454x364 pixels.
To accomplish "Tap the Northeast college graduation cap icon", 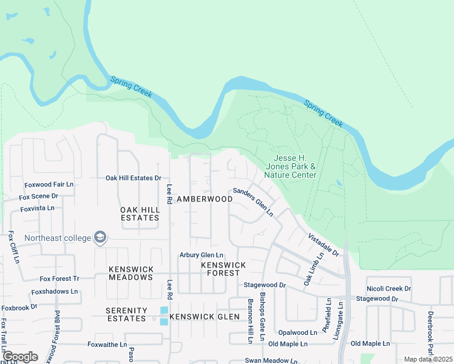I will pyautogui.click(x=101, y=238).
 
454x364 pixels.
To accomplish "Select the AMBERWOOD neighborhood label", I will pyautogui.click(x=205, y=199).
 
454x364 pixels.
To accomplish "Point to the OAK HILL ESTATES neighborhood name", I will pyautogui.click(x=140, y=214).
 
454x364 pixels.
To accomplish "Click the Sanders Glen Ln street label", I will pyautogui.click(x=253, y=202).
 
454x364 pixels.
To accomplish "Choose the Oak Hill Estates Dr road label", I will pyautogui.click(x=133, y=178).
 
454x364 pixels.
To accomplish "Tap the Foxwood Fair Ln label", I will pyautogui.click(x=49, y=184).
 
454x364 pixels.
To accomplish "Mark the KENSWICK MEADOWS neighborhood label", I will pyautogui.click(x=130, y=273).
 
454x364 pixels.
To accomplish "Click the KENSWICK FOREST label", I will pyautogui.click(x=223, y=269).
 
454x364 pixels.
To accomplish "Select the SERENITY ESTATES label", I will pyautogui.click(x=126, y=314).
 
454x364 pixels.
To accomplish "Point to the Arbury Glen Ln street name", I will pyautogui.click(x=201, y=255).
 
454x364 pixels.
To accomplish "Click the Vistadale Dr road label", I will pyautogui.click(x=322, y=246).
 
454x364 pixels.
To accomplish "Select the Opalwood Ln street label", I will pyautogui.click(x=297, y=332).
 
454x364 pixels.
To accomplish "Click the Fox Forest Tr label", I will pyautogui.click(x=59, y=278).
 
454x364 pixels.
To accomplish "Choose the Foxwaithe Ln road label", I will pyautogui.click(x=107, y=344).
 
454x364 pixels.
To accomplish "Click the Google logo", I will pyautogui.click(x=20, y=357).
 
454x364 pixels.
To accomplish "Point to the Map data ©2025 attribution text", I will pyautogui.click(x=428, y=359).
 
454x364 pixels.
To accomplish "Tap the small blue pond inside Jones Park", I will pyautogui.click(x=338, y=183).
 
